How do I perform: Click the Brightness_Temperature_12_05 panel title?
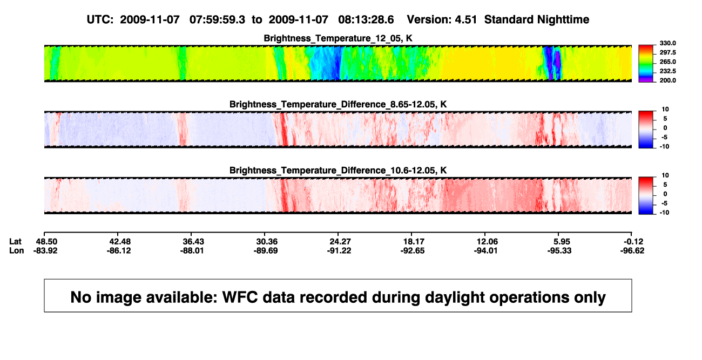point(338,38)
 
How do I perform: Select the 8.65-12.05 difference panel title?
point(338,104)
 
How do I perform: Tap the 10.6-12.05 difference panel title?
point(338,171)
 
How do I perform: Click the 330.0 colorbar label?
point(667,43)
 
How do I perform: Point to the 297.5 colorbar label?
point(667,52)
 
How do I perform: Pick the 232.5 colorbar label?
point(667,71)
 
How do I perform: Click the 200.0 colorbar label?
point(667,80)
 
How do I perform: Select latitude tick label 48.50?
point(46,242)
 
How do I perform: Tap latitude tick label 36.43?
point(193,242)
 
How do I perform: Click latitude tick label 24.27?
point(340,242)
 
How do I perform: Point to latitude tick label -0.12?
point(633,242)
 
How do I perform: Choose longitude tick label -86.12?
point(118,250)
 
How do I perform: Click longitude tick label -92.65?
point(412,250)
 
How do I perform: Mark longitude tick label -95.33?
point(559,250)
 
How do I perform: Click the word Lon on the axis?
point(17,250)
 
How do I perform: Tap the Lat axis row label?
point(15,242)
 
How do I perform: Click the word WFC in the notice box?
point(240,297)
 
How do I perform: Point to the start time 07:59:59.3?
point(217,20)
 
